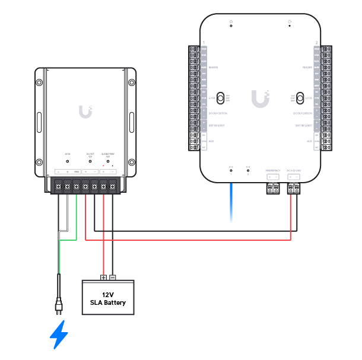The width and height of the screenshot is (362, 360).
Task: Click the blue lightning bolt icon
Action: pyautogui.click(x=59, y=334)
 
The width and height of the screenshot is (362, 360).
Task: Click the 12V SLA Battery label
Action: pyautogui.click(x=107, y=298)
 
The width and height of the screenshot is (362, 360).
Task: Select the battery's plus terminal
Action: pyautogui.click(x=103, y=278)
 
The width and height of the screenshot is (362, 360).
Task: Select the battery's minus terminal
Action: pyautogui.click(x=113, y=278)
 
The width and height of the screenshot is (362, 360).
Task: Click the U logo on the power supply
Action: pyautogui.click(x=85, y=111)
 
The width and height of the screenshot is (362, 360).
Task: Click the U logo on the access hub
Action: pyautogui.click(x=259, y=98)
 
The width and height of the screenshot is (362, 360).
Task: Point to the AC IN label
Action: pyautogui.click(x=67, y=154)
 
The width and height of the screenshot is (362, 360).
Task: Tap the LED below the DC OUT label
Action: pyautogui.click(x=90, y=161)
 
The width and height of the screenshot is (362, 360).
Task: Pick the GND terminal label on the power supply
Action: pyautogui.click(x=77, y=172)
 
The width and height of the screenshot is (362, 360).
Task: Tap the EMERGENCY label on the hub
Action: pyautogui.click(x=273, y=170)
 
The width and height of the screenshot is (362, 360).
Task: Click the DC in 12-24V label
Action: pyautogui.click(x=293, y=170)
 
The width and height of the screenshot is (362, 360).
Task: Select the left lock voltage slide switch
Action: pyautogui.click(x=220, y=98)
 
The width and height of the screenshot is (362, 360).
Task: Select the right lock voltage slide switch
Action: pyautogui.click(x=299, y=98)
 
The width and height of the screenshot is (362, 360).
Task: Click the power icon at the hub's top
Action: pyautogui.click(x=231, y=22)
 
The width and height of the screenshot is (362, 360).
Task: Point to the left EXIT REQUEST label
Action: pyautogui.click(x=217, y=126)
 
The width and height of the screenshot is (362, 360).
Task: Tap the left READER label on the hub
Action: pyautogui.click(x=213, y=68)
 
